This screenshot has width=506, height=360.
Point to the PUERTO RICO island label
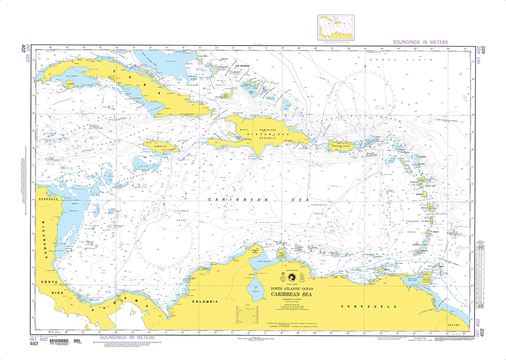click(338, 146)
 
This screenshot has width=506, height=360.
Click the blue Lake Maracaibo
click(251, 290)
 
